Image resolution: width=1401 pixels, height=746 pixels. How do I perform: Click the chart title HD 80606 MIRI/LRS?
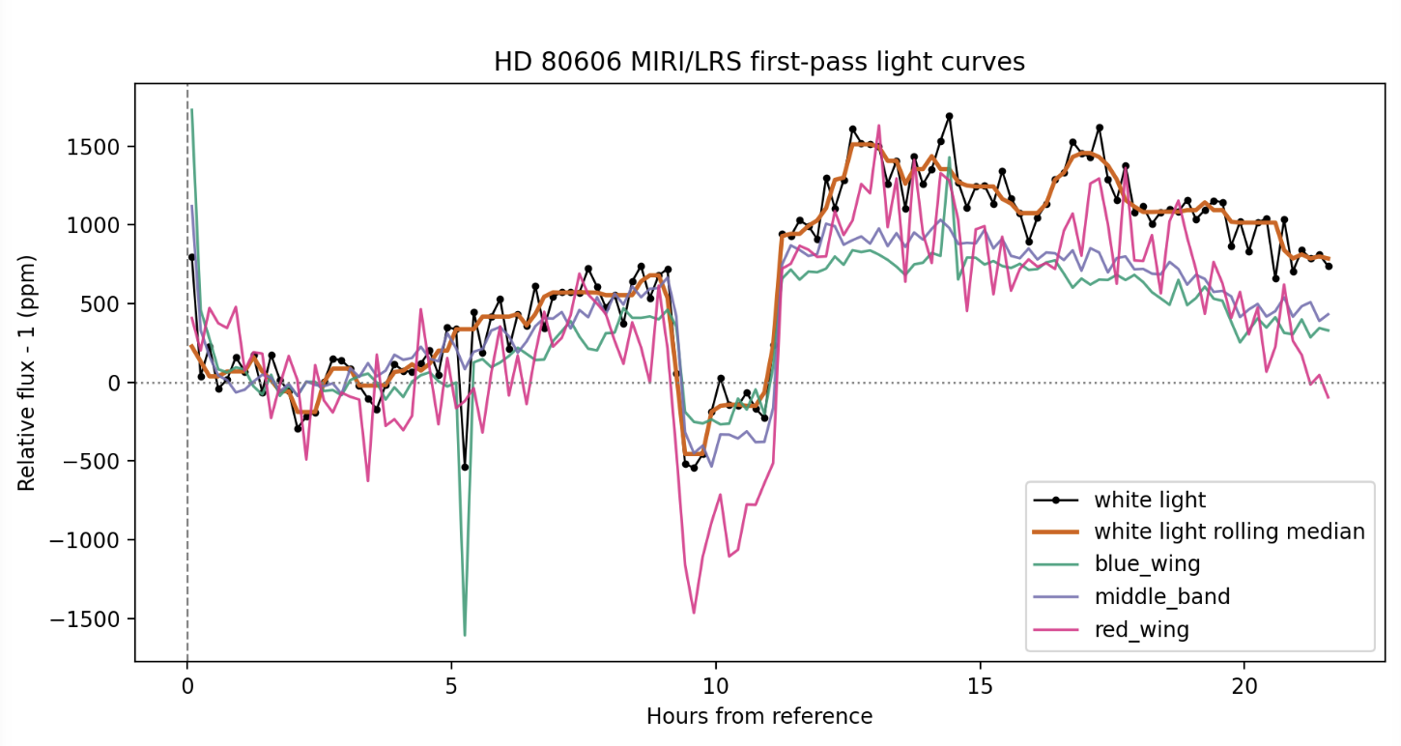pyautogui.click(x=758, y=62)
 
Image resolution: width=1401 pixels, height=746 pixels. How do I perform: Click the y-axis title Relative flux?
pyautogui.click(x=27, y=372)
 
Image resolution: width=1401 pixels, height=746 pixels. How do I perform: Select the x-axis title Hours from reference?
pyautogui.click(x=758, y=717)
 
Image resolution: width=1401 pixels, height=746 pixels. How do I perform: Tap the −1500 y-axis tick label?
pyautogui.click(x=93, y=619)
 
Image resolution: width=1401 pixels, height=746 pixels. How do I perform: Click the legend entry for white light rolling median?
pyautogui.click(x=1229, y=531)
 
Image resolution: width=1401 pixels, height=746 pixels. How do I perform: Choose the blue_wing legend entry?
pyautogui.click(x=1147, y=564)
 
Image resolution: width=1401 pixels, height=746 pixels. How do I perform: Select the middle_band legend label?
pyautogui.click(x=1161, y=597)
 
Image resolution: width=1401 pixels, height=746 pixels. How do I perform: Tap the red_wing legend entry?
pyautogui.click(x=1141, y=630)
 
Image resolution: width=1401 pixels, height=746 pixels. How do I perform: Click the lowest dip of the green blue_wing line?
pyautogui.click(x=465, y=635)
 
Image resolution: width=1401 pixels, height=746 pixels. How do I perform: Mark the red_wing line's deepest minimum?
pyautogui.click(x=694, y=613)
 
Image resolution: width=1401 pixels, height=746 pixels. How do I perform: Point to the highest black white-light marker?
pyautogui.click(x=949, y=116)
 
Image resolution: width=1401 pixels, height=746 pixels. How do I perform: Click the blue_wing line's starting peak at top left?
pyautogui.click(x=191, y=109)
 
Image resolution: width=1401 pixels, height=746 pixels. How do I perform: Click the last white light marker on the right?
pyautogui.click(x=1329, y=266)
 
